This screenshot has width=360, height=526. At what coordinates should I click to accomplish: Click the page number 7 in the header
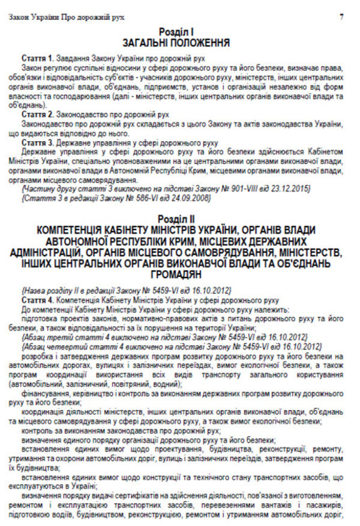(x=341, y=17)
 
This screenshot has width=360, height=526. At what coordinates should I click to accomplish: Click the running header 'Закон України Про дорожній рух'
(x=67, y=17)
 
